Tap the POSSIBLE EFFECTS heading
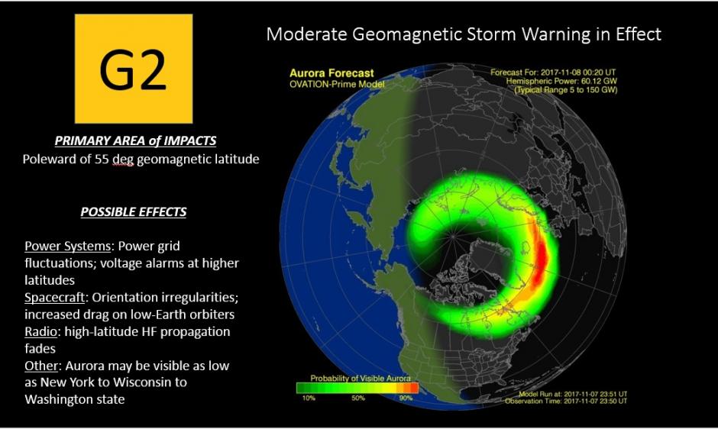pyautogui.click(x=134, y=211)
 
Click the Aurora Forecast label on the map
pyautogui.click(x=332, y=73)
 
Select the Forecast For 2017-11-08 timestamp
pyautogui.click(x=555, y=73)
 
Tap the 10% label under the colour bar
pyautogui.click(x=308, y=398)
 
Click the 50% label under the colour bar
pyautogui.click(x=357, y=398)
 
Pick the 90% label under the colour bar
pyautogui.click(x=406, y=398)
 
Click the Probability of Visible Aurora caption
pyautogui.click(x=361, y=379)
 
